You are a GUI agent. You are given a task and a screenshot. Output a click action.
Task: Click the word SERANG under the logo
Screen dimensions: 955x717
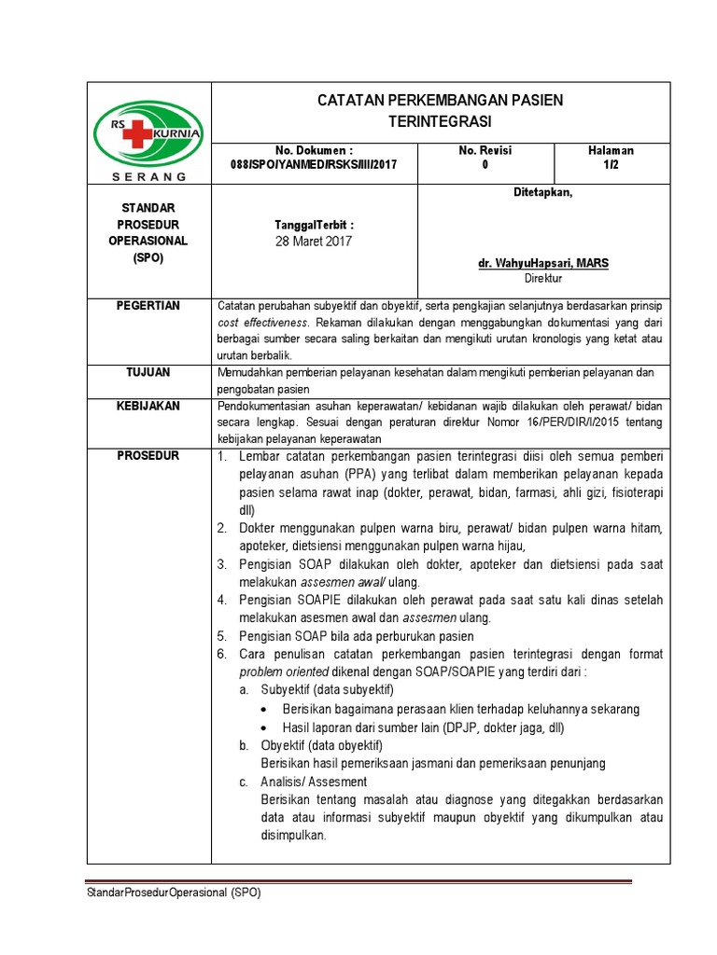point(149,175)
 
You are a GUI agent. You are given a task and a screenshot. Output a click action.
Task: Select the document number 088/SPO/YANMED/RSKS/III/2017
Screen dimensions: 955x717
point(314,164)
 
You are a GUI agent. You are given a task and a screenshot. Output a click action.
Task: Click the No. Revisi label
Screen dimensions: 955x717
point(485,150)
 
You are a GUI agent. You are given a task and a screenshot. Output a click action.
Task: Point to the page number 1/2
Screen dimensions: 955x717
point(611,164)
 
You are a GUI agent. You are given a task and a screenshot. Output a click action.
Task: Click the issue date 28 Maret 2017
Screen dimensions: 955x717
point(314,241)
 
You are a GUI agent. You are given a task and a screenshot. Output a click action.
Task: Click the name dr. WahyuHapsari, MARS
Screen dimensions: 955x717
point(542,264)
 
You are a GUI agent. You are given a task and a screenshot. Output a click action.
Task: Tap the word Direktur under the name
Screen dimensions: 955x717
point(542,278)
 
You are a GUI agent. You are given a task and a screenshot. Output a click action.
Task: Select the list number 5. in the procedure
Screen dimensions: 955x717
point(222,635)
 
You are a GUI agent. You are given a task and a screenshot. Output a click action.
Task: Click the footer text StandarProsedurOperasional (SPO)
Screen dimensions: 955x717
point(174,893)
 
